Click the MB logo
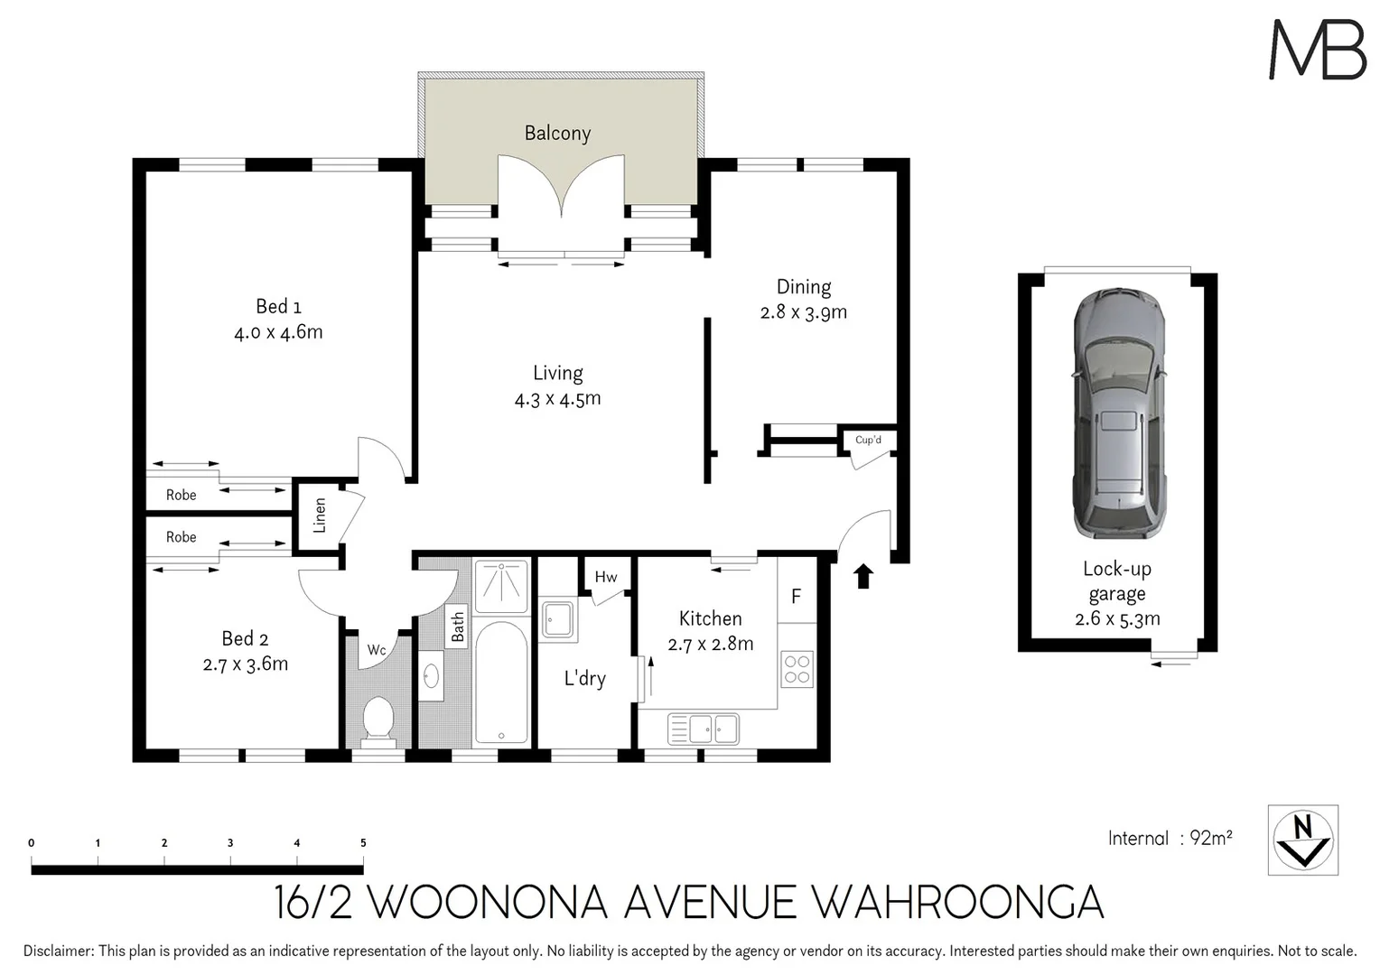pyautogui.click(x=1318, y=50)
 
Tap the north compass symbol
pyautogui.click(x=1302, y=840)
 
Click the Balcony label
pyautogui.click(x=557, y=134)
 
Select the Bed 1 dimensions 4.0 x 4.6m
pyautogui.click(x=278, y=332)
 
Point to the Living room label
pyautogui.click(x=557, y=373)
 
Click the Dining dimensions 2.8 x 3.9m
pyautogui.click(x=803, y=312)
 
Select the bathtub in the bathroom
pyautogui.click(x=500, y=682)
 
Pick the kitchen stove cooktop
pyautogui.click(x=797, y=669)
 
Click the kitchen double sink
pyautogui.click(x=703, y=727)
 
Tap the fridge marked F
pyautogui.click(x=796, y=596)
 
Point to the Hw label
pyautogui.click(x=606, y=577)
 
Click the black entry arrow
pyautogui.click(x=863, y=576)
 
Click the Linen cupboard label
pyautogui.click(x=319, y=515)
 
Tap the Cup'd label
pyautogui.click(x=868, y=440)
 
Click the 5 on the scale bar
pyautogui.click(x=363, y=843)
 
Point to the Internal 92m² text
pyautogui.click(x=1170, y=838)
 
